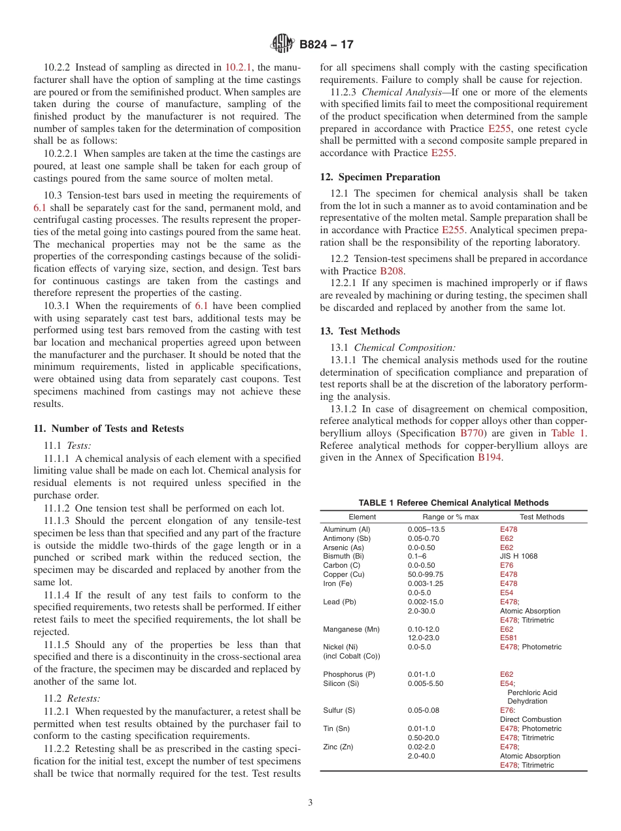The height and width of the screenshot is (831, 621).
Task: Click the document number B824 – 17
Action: coord(326,44)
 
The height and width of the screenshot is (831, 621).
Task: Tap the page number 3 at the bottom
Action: coord(310,803)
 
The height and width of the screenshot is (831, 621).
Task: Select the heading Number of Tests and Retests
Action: coord(109,429)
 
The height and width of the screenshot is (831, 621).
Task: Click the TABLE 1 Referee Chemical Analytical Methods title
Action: coord(453,503)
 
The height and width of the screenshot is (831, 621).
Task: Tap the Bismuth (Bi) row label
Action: coord(343,556)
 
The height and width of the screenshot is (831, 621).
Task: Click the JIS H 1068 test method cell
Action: coord(519,556)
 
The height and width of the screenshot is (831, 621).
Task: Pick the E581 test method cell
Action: coord(508,638)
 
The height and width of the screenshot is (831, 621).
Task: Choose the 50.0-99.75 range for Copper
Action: coord(426,574)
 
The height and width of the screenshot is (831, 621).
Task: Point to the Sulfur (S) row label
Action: coord(339,710)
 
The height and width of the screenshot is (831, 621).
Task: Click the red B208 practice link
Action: coord(388,271)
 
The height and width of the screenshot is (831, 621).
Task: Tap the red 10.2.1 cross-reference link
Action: coord(239,67)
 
